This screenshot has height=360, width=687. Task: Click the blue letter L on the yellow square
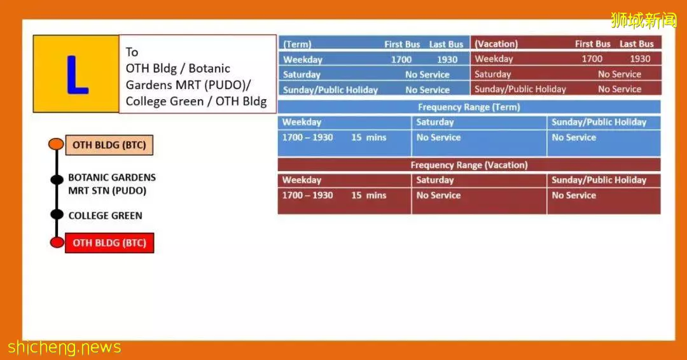click(x=77, y=74)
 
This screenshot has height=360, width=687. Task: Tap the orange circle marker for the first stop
click(x=56, y=144)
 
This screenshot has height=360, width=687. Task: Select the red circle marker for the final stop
click(x=57, y=242)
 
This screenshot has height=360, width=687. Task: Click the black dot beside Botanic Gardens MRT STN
click(x=57, y=179)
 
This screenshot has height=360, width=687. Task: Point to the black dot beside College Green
click(x=57, y=214)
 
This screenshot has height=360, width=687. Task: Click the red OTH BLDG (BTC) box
click(x=109, y=243)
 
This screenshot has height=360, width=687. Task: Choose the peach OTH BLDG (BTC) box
click(x=109, y=145)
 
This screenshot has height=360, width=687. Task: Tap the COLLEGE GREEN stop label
click(x=105, y=216)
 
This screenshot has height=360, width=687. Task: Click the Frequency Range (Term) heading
click(x=469, y=107)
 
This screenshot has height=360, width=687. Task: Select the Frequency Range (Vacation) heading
click(x=469, y=165)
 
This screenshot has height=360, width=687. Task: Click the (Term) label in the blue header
click(x=297, y=45)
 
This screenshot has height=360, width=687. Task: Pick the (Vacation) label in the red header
click(x=496, y=44)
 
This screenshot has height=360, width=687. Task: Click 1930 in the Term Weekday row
click(x=447, y=60)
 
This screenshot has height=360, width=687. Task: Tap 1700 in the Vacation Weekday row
click(x=592, y=59)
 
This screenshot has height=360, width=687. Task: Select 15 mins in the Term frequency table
click(x=368, y=137)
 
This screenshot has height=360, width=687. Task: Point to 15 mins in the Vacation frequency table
click(x=368, y=195)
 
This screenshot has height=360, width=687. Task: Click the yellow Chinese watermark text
click(x=643, y=20)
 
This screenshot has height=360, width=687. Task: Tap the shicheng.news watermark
click(x=64, y=347)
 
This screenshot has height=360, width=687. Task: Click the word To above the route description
click(x=132, y=52)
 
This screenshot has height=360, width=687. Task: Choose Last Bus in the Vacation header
click(x=636, y=44)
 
